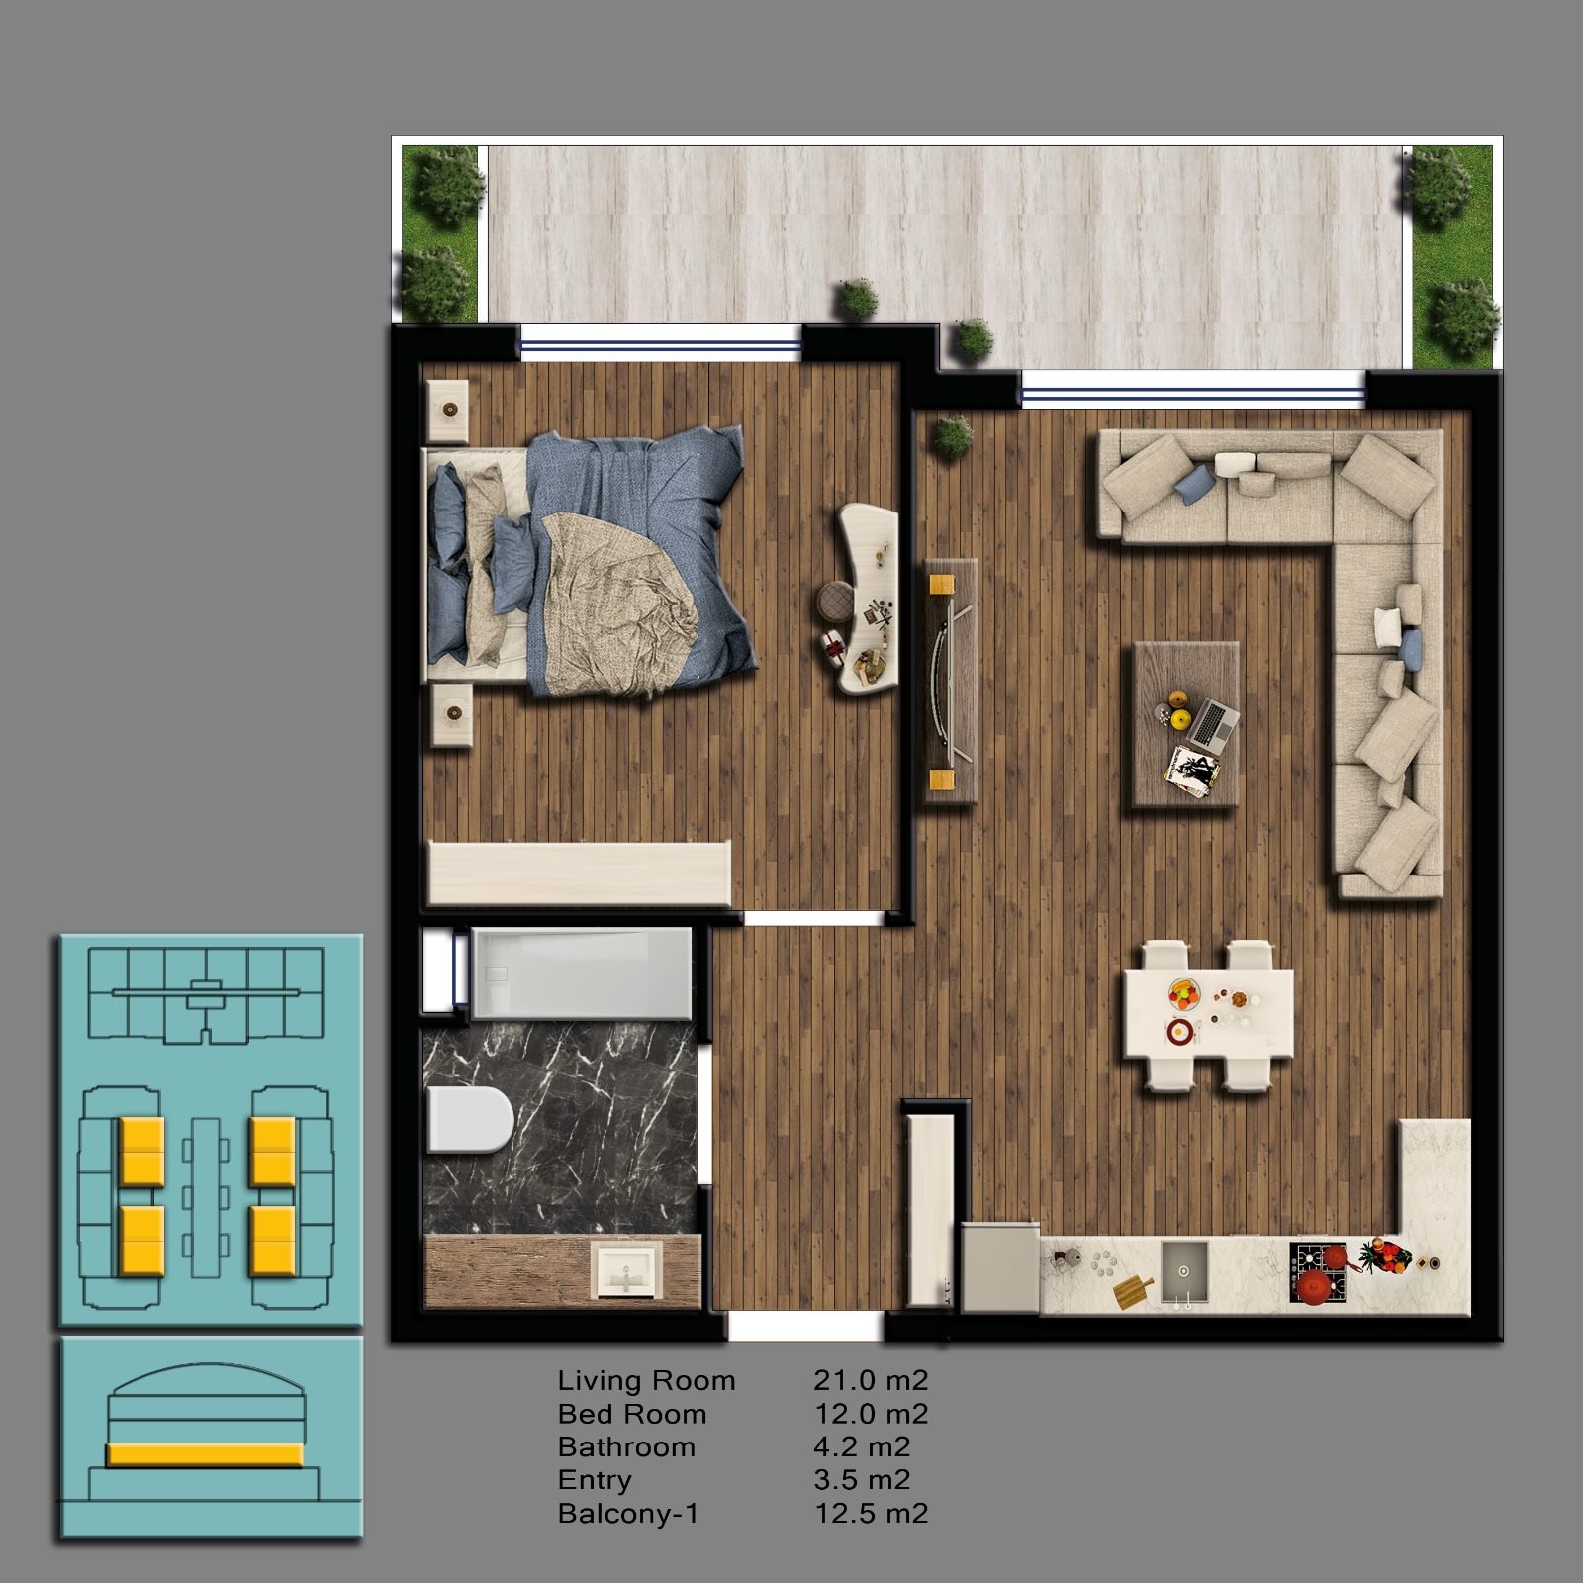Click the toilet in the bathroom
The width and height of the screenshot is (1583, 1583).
(x=470, y=1119)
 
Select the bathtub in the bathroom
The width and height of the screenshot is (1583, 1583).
(x=582, y=973)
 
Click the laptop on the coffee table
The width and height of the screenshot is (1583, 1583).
(x=1213, y=723)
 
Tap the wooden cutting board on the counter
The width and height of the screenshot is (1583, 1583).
(x=1133, y=1291)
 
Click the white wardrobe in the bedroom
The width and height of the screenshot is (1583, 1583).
(x=579, y=873)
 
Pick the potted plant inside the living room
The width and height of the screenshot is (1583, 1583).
(x=953, y=434)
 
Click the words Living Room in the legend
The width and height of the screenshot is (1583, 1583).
(x=646, y=1381)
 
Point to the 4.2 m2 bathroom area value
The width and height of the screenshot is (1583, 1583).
(x=862, y=1447)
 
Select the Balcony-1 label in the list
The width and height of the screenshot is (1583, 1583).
(x=628, y=1514)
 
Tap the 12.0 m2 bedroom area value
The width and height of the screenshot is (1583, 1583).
(x=871, y=1414)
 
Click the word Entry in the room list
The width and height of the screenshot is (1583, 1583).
(x=594, y=1481)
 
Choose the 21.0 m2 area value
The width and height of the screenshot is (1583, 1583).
(x=871, y=1381)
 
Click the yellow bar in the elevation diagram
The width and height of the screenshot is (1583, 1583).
(x=204, y=1453)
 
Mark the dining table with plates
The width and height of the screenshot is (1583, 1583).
(x=1208, y=1014)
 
